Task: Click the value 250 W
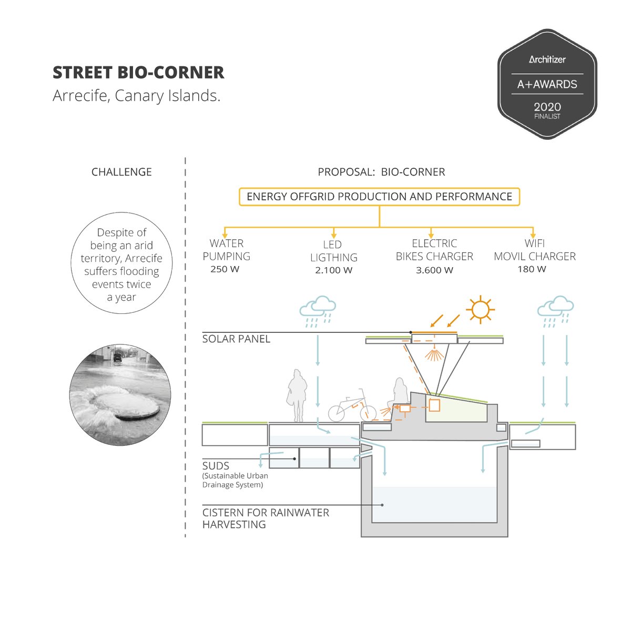[225, 269]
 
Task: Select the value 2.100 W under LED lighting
[333, 270]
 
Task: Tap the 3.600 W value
[434, 270]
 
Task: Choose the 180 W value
[532, 269]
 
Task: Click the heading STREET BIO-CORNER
[138, 73]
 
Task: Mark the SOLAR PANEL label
[236, 339]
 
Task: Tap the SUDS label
[216, 466]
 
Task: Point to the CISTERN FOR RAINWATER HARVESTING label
[266, 518]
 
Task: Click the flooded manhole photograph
[120, 395]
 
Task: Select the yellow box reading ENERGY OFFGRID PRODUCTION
[379, 197]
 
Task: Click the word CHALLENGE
[121, 172]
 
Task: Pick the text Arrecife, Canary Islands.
[136, 96]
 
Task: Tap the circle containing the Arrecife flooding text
[121, 263]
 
